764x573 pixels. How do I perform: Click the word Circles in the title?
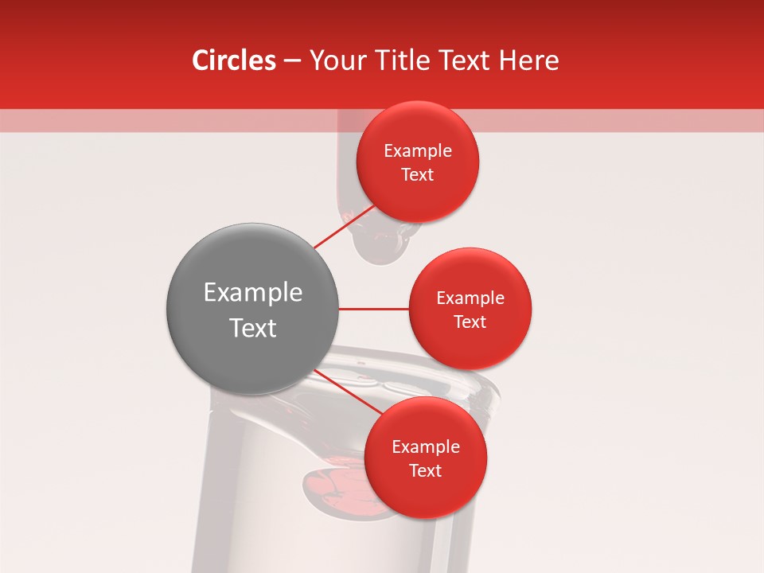tap(234, 60)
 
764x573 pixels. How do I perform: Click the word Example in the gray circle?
tap(252, 293)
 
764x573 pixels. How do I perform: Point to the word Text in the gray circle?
tap(252, 328)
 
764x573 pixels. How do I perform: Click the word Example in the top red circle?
tap(417, 151)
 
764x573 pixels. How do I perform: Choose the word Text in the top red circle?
tap(417, 175)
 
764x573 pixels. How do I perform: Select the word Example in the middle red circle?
tap(470, 298)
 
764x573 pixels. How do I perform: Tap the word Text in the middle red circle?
tap(470, 322)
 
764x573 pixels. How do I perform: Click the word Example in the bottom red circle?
tap(425, 447)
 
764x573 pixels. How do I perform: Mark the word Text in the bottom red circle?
tap(425, 471)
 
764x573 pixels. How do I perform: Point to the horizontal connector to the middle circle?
tap(373, 309)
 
